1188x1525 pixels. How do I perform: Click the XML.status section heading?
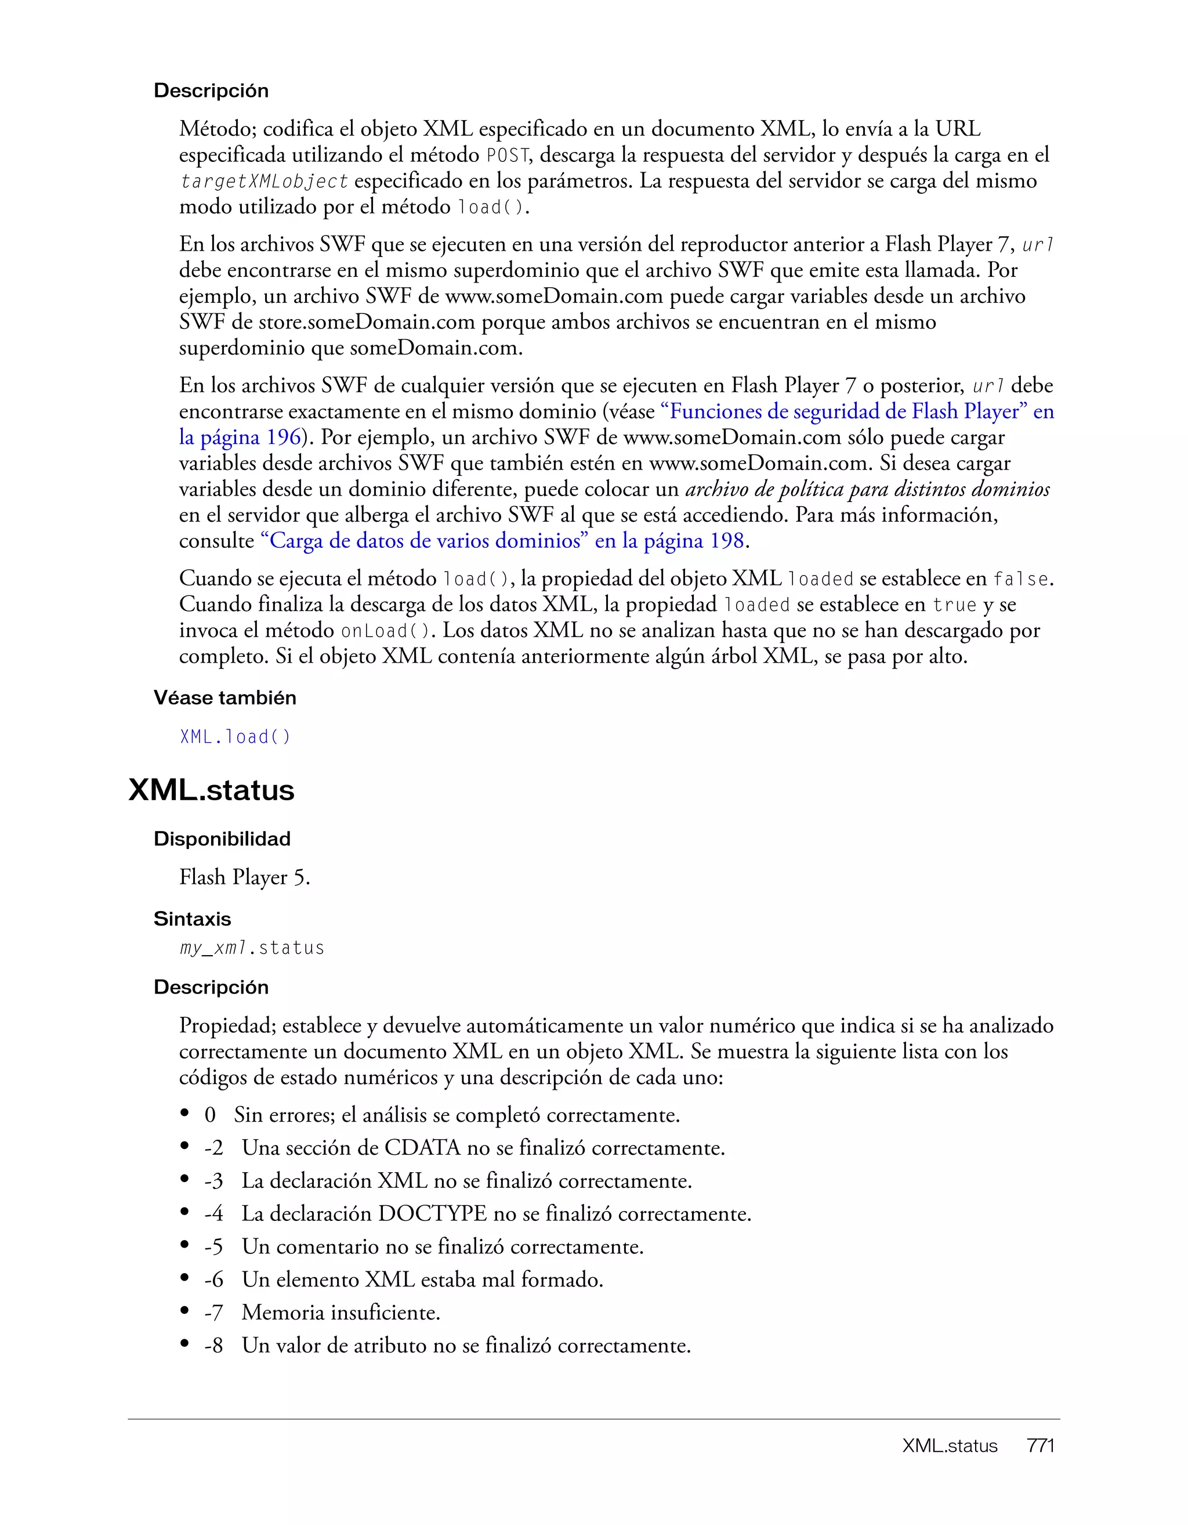pyautogui.click(x=212, y=790)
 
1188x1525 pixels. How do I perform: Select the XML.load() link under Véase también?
pyautogui.click(x=236, y=738)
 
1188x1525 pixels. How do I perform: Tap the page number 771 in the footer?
pyautogui.click(x=1040, y=1446)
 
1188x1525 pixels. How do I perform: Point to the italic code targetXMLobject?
pyautogui.click(x=264, y=182)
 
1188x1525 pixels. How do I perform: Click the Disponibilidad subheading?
pyautogui.click(x=222, y=839)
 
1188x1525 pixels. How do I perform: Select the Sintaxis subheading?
pyautogui.click(x=192, y=919)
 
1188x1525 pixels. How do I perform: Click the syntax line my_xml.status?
pyautogui.click(x=252, y=948)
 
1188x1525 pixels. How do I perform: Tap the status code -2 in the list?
pyautogui.click(x=213, y=1148)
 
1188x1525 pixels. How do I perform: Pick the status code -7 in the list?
pyautogui.click(x=213, y=1313)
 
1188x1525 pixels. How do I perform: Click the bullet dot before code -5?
pyautogui.click(x=185, y=1246)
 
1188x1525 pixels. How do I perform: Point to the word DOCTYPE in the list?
pyautogui.click(x=432, y=1213)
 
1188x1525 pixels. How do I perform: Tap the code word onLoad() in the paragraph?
pyautogui.click(x=385, y=631)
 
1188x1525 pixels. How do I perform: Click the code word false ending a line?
pyautogui.click(x=1020, y=580)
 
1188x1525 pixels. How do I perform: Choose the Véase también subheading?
pyautogui.click(x=224, y=698)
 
